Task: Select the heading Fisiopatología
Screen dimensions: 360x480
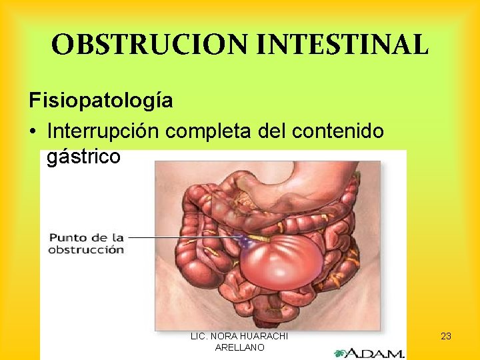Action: tap(101, 101)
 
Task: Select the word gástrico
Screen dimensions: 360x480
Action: tap(84, 157)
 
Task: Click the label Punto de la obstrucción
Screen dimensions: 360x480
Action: tap(86, 243)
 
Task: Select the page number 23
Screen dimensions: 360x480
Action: tap(446, 336)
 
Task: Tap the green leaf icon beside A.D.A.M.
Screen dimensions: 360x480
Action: tap(341, 353)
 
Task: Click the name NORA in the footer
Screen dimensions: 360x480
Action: tap(221, 336)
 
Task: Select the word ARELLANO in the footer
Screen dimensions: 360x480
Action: tap(239, 347)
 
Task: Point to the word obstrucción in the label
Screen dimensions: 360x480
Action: tap(86, 250)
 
